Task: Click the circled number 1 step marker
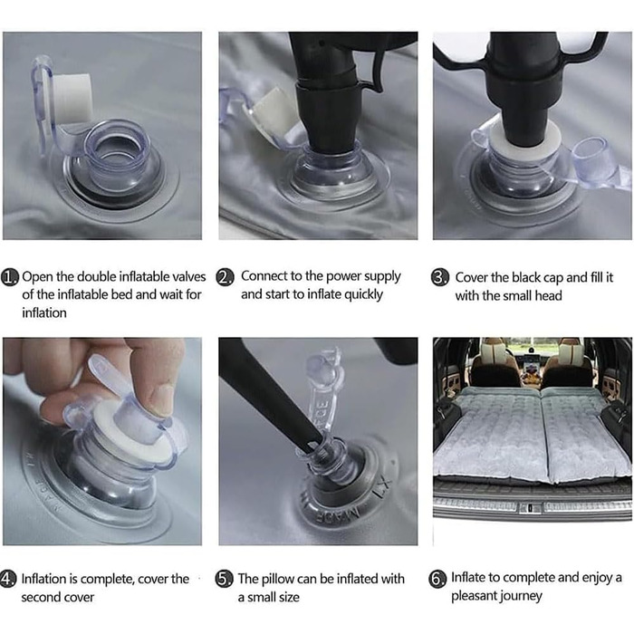(10, 277)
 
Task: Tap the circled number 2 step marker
(225, 277)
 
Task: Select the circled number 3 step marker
(440, 278)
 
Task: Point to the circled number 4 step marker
(8, 579)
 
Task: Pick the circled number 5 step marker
(225, 579)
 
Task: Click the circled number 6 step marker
(437, 579)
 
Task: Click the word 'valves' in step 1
(189, 276)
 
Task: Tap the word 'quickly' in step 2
(363, 294)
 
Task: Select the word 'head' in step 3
(548, 295)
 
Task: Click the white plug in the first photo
(72, 99)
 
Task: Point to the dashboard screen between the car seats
(531, 370)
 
